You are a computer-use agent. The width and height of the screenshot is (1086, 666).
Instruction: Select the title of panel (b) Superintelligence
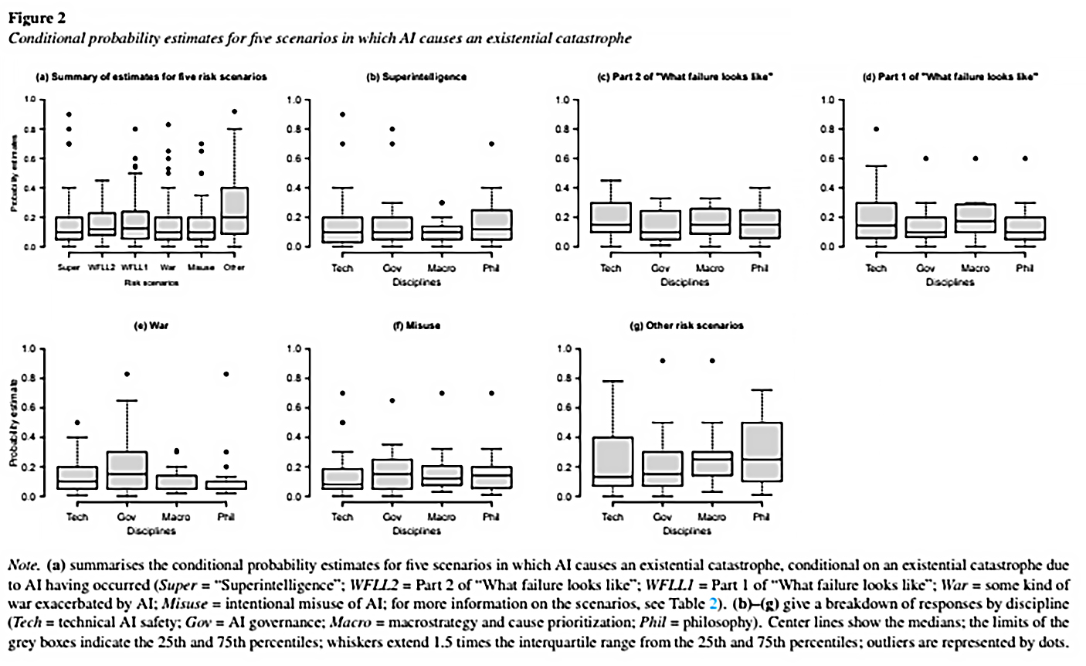[416, 78]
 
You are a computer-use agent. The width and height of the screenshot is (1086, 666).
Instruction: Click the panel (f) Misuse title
[416, 326]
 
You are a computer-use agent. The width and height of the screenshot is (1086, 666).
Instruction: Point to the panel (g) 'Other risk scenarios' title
[687, 326]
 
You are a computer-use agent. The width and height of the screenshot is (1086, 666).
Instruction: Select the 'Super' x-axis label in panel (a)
[69, 268]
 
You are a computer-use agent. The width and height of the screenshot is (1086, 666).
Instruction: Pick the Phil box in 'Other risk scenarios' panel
[762, 451]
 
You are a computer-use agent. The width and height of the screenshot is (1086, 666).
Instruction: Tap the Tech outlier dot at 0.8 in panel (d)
[876, 129]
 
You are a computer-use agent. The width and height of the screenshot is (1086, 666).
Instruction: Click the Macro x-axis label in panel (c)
[709, 268]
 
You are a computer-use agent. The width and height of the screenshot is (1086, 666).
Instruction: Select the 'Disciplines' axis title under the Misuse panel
[417, 532]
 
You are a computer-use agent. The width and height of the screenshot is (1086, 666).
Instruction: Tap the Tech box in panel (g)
[613, 461]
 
